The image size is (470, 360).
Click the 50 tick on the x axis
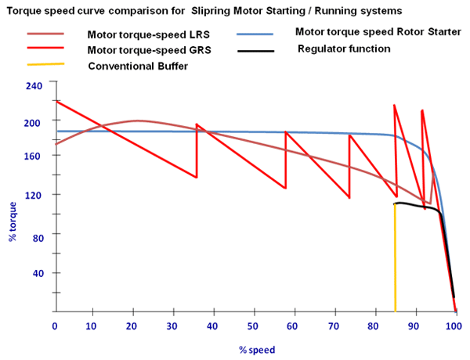[x=253, y=325]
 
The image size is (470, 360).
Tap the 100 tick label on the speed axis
[x=452, y=325]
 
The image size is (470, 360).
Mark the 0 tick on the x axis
[x=55, y=325]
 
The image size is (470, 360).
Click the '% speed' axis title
[x=257, y=349]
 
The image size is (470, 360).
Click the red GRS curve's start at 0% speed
[x=56, y=102]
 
